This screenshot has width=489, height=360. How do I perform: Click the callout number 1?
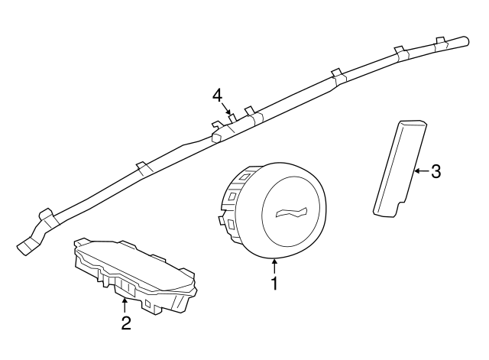[274, 284]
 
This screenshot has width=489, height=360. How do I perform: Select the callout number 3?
[436, 171]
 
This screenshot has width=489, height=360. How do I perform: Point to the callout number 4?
[217, 95]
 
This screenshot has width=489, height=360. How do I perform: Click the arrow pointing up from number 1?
[274, 267]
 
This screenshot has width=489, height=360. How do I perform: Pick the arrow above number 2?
[125, 306]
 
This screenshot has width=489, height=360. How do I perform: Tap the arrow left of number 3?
[422, 171]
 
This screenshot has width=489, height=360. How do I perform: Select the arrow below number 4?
[226, 109]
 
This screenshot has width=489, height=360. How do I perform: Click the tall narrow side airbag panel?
[400, 168]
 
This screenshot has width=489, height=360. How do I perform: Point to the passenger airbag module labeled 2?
[136, 275]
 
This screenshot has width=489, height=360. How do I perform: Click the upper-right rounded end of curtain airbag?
[465, 41]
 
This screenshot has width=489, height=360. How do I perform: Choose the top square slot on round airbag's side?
[243, 177]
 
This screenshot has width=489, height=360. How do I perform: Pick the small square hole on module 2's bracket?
[148, 303]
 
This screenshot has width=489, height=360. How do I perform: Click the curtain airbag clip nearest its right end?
[440, 44]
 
